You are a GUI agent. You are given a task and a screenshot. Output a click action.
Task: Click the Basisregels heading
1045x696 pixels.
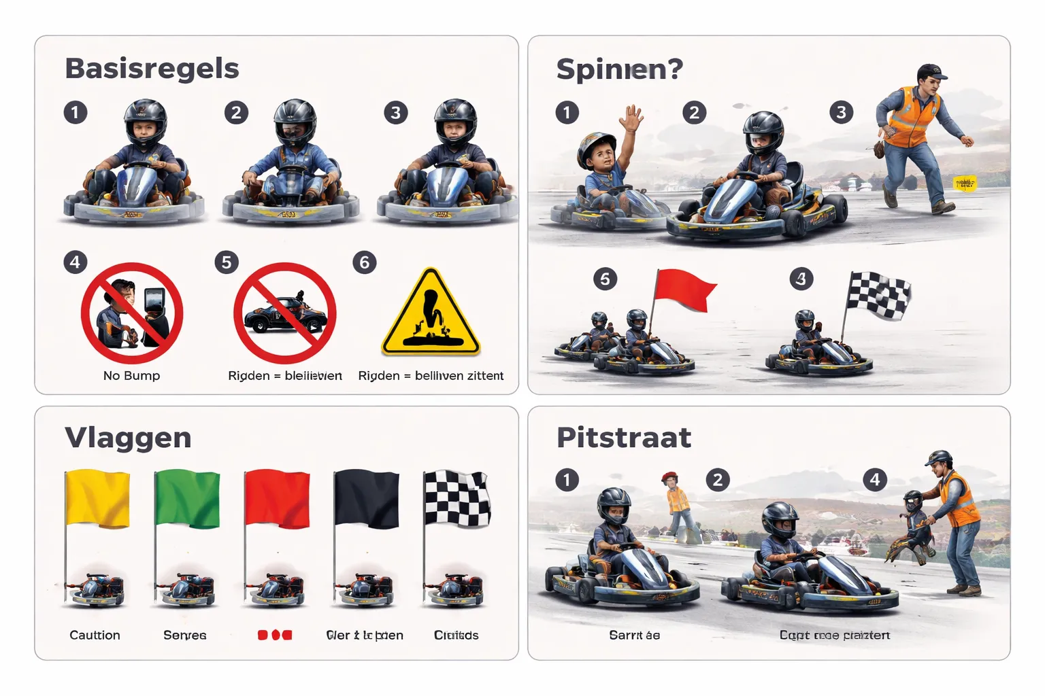pyautogui.click(x=152, y=69)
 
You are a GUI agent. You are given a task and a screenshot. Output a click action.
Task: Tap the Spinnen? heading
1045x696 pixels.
pyautogui.click(x=619, y=69)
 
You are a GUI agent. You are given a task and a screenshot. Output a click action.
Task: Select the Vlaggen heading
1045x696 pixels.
pyautogui.click(x=128, y=438)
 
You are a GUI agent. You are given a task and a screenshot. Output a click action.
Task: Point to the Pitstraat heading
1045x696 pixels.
pyautogui.click(x=623, y=438)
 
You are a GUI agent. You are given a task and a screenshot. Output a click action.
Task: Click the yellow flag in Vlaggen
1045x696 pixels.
pyautogui.click(x=98, y=499)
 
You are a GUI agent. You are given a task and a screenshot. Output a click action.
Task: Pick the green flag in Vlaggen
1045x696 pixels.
pyautogui.click(x=188, y=499)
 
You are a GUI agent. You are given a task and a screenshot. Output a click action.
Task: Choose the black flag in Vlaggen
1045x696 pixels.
pyautogui.click(x=367, y=499)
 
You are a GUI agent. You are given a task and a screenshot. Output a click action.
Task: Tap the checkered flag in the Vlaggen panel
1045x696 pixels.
pyautogui.click(x=457, y=499)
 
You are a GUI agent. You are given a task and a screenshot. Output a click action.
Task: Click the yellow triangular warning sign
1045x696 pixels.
pyautogui.click(x=431, y=314)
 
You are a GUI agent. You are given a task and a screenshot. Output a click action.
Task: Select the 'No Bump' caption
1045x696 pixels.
pyautogui.click(x=131, y=376)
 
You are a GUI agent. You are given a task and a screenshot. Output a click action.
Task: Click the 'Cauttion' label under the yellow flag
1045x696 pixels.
pyautogui.click(x=95, y=636)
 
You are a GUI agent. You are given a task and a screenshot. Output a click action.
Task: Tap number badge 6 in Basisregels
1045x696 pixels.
pyautogui.click(x=365, y=262)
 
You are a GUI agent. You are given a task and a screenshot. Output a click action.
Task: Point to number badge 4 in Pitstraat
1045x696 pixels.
pyautogui.click(x=875, y=480)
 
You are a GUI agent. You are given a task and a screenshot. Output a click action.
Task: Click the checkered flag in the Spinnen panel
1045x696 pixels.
pyautogui.click(x=878, y=295)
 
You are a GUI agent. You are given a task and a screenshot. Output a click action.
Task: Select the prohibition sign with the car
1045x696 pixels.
pyautogui.click(x=284, y=313)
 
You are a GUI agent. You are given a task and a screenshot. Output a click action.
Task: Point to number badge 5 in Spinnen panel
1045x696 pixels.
pyautogui.click(x=605, y=279)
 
